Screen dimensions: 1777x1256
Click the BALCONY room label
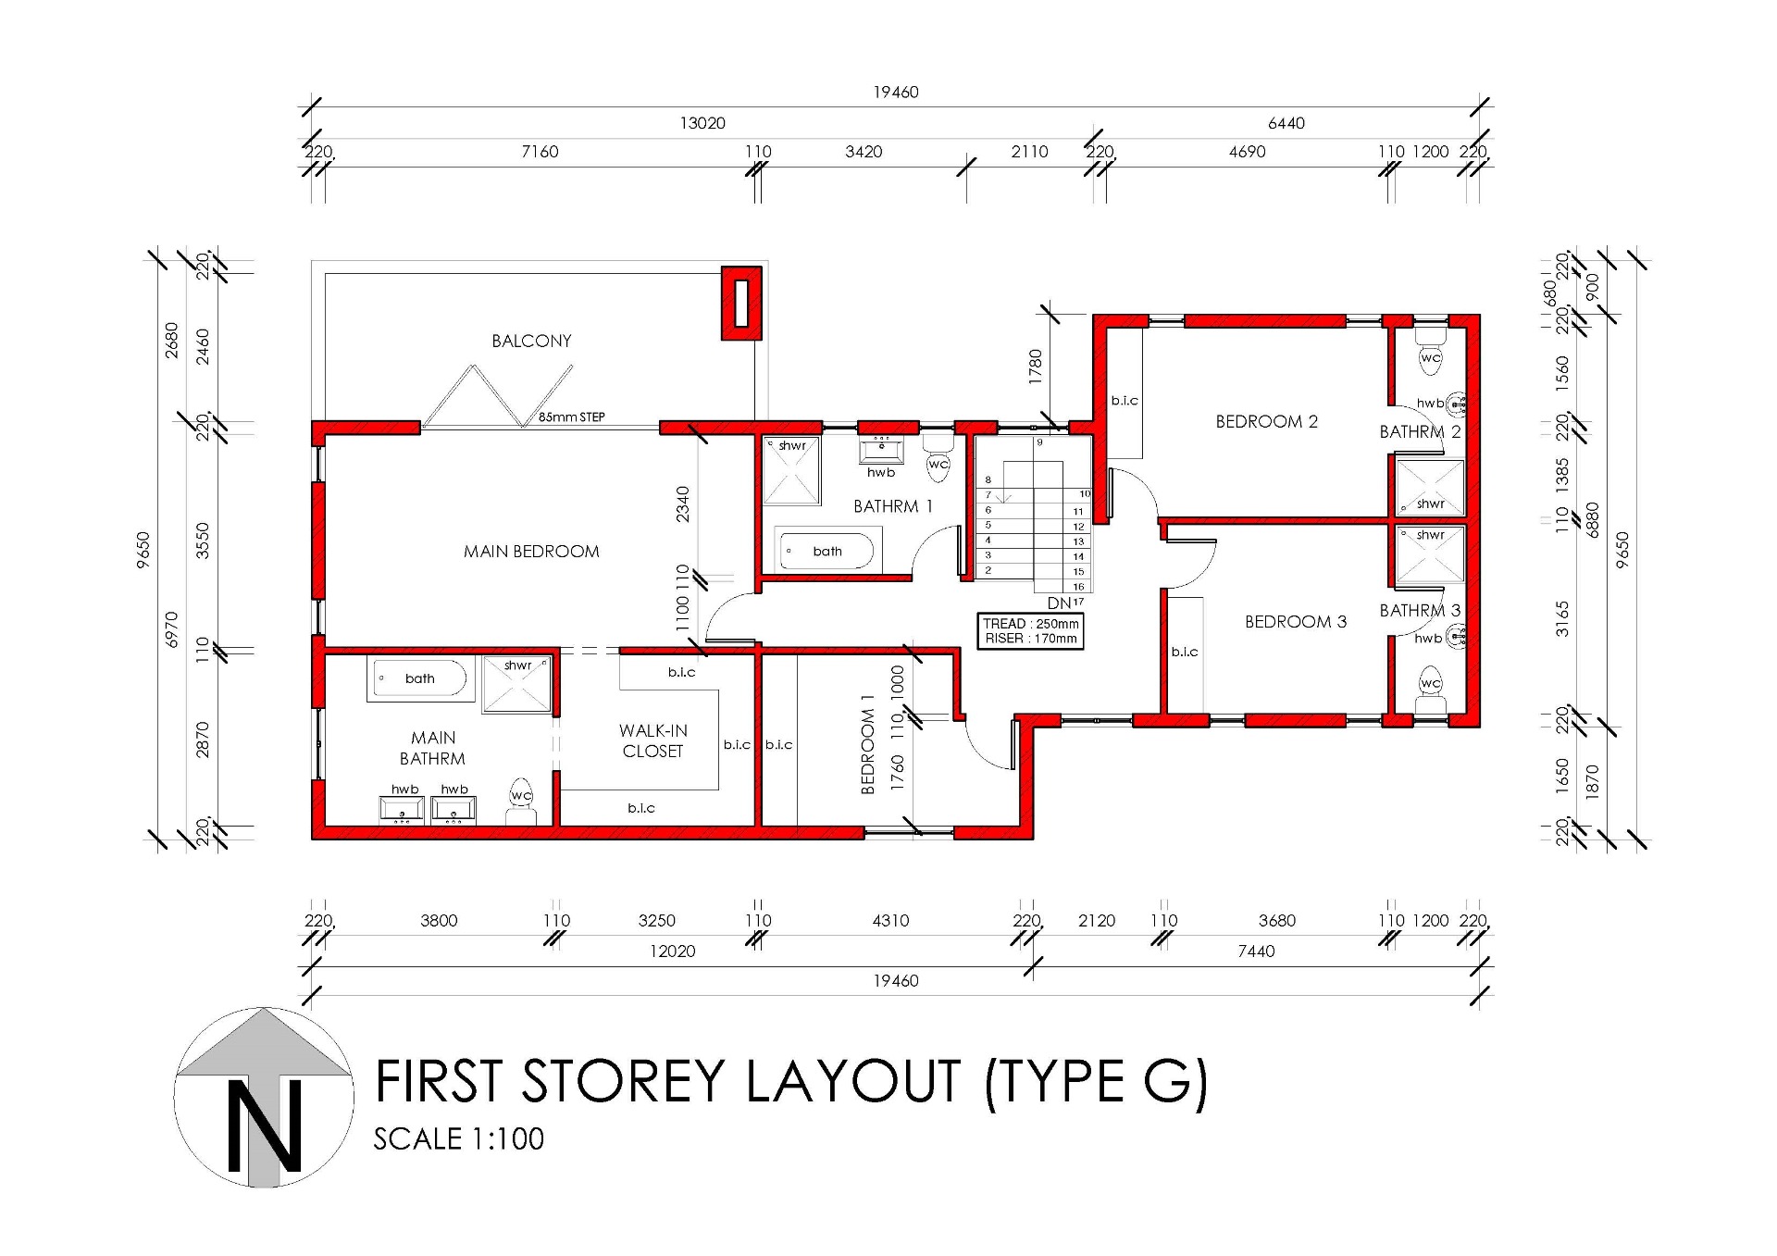click(x=531, y=341)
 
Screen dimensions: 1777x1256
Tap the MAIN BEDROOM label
click(x=531, y=552)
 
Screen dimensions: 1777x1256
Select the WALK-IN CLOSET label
click(x=653, y=740)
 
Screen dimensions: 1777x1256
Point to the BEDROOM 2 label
click(x=1266, y=421)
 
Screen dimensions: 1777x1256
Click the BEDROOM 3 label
click(x=1296, y=622)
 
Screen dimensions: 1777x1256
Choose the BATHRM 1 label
click(x=893, y=506)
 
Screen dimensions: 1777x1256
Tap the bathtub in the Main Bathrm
click(x=420, y=678)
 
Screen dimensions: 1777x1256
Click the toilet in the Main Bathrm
click(x=521, y=802)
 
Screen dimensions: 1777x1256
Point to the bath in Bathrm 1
click(x=827, y=551)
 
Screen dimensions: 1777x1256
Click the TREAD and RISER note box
click(x=1030, y=631)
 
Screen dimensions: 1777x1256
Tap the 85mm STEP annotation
click(x=572, y=417)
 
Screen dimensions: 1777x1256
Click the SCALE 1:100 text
click(x=459, y=1138)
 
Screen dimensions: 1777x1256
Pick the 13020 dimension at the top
click(x=702, y=123)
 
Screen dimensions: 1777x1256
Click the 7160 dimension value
click(x=540, y=152)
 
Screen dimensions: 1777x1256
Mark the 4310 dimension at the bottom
click(x=890, y=921)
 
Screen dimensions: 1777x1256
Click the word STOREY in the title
click(x=624, y=1081)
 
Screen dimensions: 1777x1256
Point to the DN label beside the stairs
click(x=1059, y=603)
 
